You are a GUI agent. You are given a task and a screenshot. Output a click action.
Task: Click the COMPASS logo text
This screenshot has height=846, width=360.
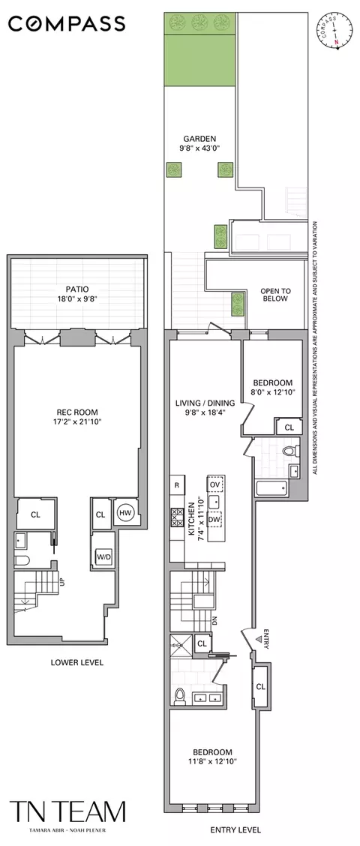67,24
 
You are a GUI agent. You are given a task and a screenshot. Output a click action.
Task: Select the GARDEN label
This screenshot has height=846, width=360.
199,139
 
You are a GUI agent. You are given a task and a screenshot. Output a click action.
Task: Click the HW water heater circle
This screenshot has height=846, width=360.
124,514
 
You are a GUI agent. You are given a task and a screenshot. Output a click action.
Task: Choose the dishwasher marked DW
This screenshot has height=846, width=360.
215,519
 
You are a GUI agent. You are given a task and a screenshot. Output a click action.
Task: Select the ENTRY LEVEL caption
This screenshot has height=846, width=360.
235,829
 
